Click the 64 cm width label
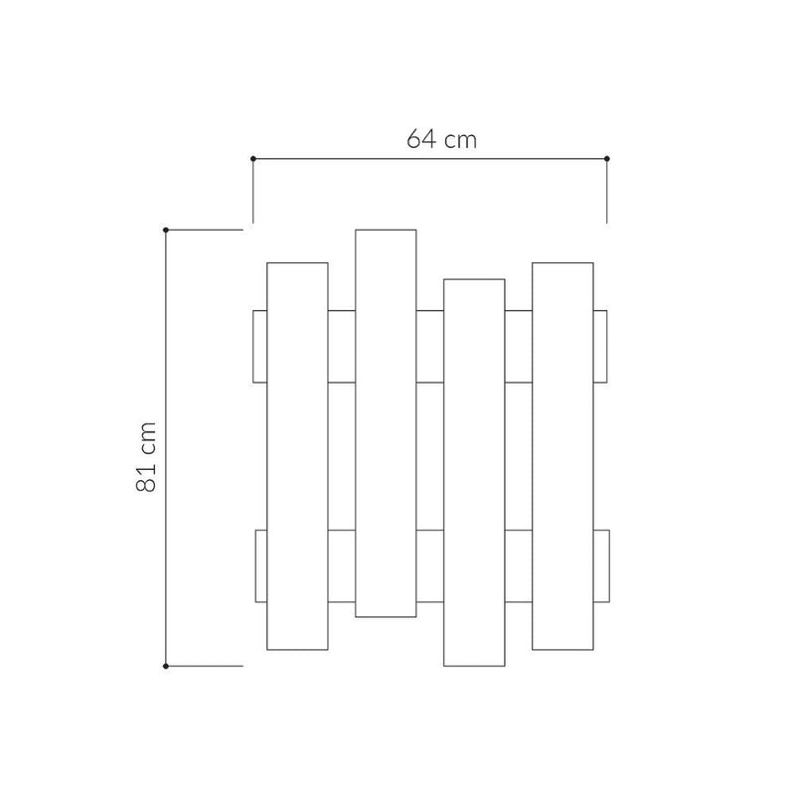tap(441, 139)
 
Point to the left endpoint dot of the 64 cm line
tap(253, 158)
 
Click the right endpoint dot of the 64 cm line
tap(607, 158)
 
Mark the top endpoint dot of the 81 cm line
tap(166, 230)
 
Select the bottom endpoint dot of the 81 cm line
tap(166, 665)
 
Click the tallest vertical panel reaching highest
tap(386, 422)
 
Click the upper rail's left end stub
tap(260, 346)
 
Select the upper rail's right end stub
tap(600, 346)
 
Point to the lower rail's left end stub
tap(261, 566)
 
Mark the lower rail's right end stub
tap(600, 566)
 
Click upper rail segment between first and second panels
tap(341, 346)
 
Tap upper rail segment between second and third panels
tap(429, 346)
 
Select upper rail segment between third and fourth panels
tap(518, 346)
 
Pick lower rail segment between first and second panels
tap(341, 566)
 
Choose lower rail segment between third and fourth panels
tap(518, 566)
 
